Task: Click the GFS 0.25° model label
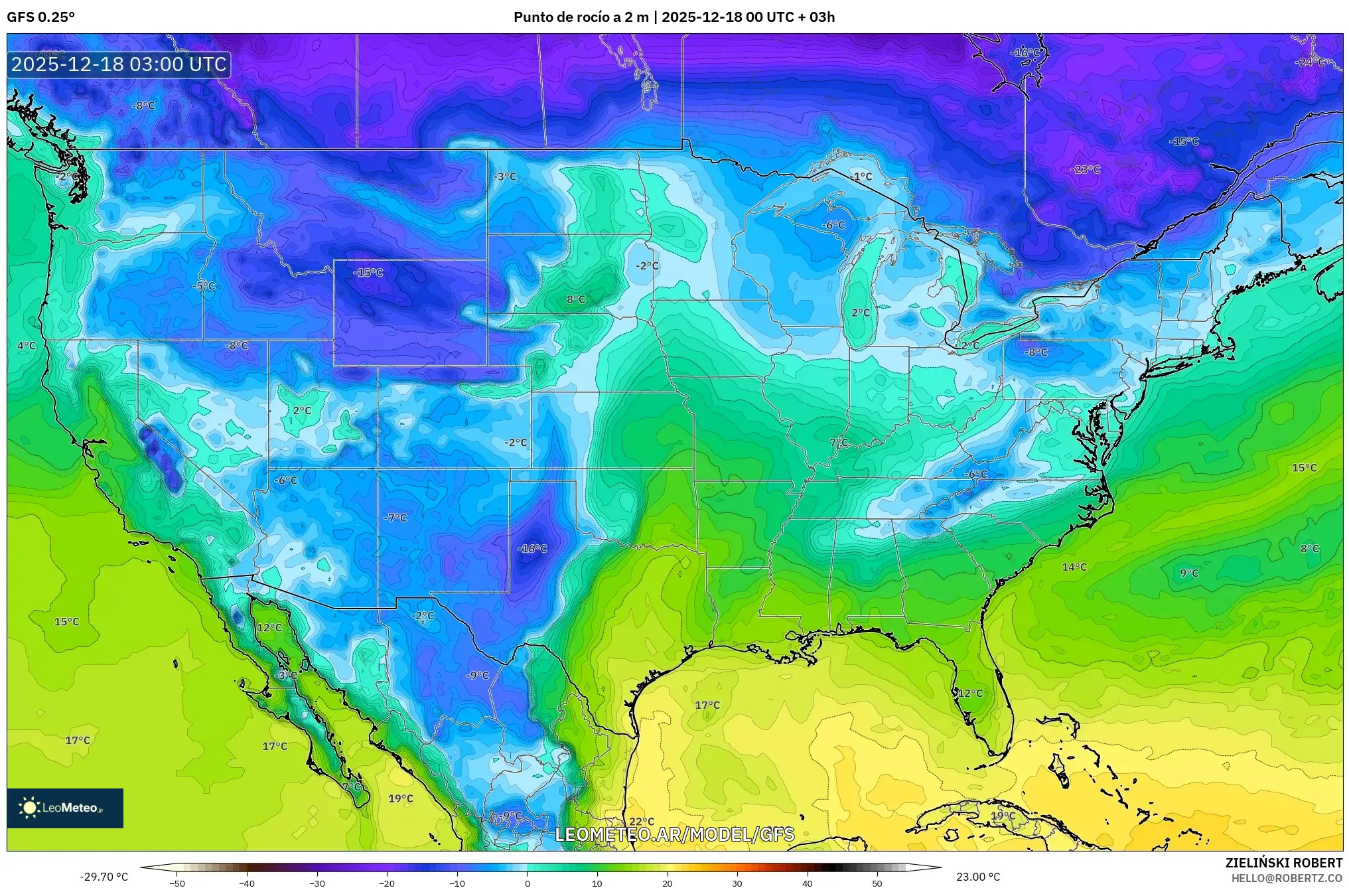coord(40,17)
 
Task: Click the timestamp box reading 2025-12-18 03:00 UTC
coord(119,64)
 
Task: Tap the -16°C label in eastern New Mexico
coord(532,548)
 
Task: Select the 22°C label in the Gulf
coord(642,822)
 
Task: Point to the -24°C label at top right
coord(1310,62)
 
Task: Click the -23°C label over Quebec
coord(1085,169)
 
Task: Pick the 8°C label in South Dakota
coord(576,299)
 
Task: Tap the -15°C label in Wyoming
coord(368,272)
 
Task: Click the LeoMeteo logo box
coord(65,808)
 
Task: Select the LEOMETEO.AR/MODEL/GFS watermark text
coord(674,834)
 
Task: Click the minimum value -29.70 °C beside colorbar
coord(104,877)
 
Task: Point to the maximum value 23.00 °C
coord(978,877)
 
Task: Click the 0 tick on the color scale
coord(528,883)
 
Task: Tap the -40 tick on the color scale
coord(247,883)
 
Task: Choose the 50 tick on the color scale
coord(877,883)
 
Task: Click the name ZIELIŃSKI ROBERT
coord(1283,863)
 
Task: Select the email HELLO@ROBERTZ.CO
coord(1287,877)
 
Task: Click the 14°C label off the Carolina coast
coord(1074,567)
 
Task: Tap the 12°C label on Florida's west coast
coord(970,693)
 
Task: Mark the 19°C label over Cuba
coord(1003,816)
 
